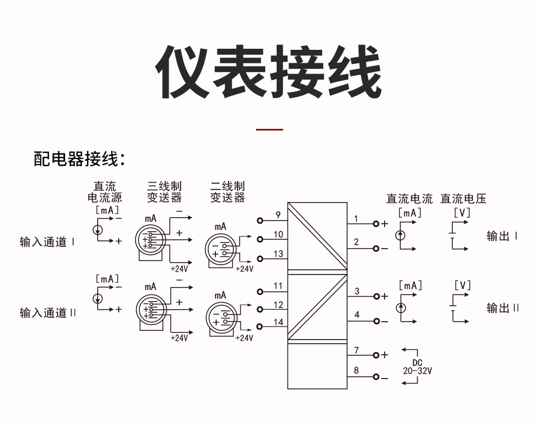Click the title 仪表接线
tap(268, 72)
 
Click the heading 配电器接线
tap(80, 159)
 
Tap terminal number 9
tap(278, 215)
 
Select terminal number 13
tap(278, 253)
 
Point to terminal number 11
tap(278, 286)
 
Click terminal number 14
tap(278, 322)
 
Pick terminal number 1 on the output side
tap(356, 219)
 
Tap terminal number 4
tap(357, 315)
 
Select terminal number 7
tap(356, 350)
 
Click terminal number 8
tap(356, 370)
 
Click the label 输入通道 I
tap(47, 242)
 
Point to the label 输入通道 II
tap(48, 313)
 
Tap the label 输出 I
tap(502, 236)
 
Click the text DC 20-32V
tap(418, 367)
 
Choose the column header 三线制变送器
tap(164, 192)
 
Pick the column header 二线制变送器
tap(228, 192)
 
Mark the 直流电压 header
tap(463, 199)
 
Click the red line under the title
tap(269, 130)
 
